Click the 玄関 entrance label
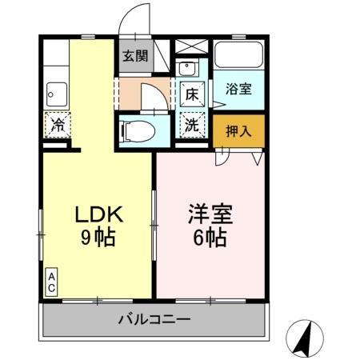click(x=135, y=56)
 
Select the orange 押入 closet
click(x=238, y=131)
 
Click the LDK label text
click(x=98, y=215)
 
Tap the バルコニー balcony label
click(x=154, y=320)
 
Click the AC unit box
click(x=50, y=282)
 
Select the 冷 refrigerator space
click(x=58, y=124)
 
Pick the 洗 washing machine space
click(x=193, y=125)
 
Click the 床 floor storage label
click(x=193, y=94)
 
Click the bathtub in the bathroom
click(x=238, y=55)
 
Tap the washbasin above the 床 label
click(x=189, y=68)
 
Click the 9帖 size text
click(x=98, y=237)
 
